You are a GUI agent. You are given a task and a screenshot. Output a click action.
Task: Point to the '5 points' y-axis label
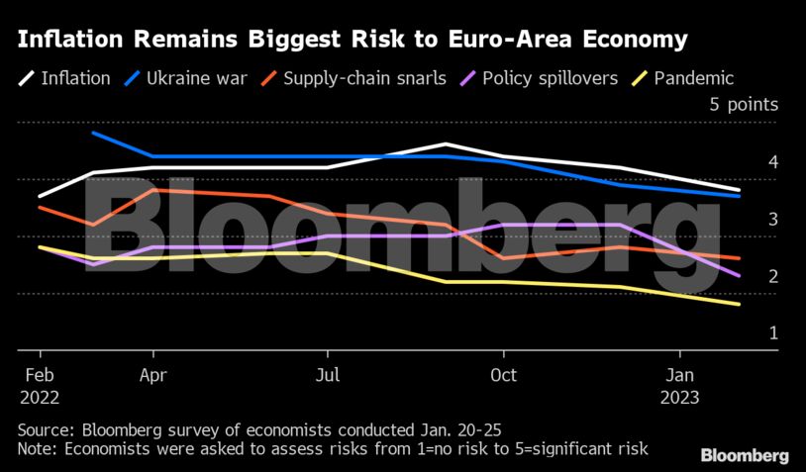(744, 105)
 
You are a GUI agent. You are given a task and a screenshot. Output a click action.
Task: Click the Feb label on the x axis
(40, 375)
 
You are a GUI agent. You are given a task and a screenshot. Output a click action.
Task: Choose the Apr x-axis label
(152, 375)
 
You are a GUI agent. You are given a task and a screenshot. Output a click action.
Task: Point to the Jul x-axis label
(328, 375)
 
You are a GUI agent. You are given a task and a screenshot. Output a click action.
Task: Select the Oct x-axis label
(503, 375)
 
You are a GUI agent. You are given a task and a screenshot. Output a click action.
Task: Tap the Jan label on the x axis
(679, 375)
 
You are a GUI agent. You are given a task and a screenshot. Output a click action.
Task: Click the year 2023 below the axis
(679, 397)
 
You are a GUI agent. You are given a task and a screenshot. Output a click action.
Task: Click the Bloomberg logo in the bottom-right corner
(745, 455)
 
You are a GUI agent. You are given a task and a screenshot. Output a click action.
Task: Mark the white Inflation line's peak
(446, 144)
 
